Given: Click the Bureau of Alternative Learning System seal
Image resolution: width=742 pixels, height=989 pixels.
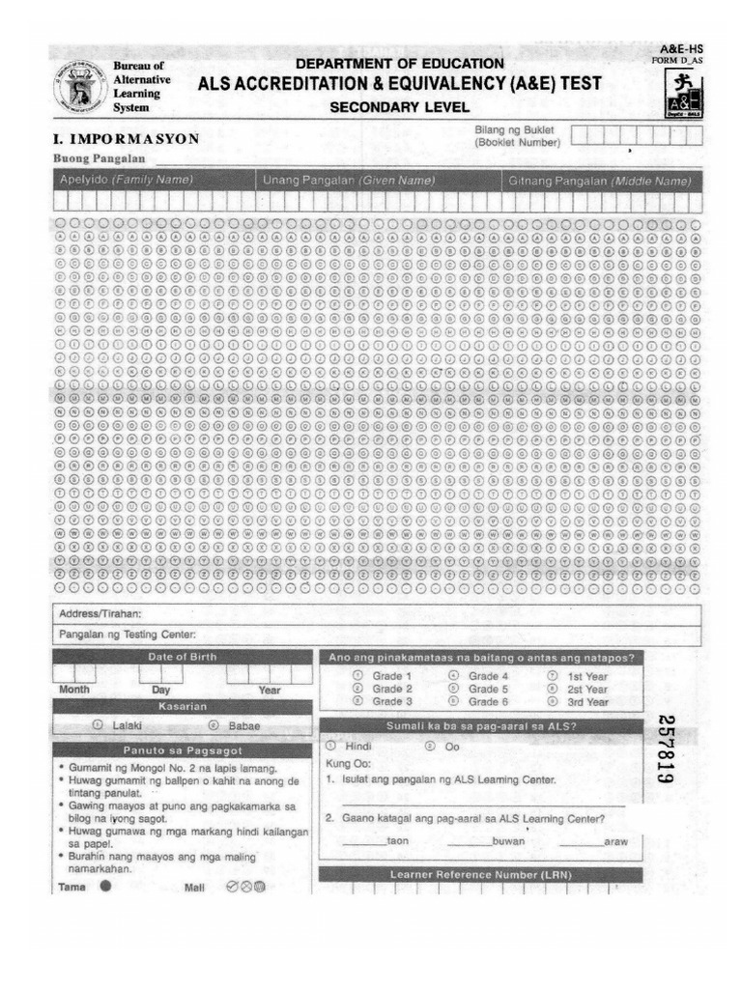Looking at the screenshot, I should [x=80, y=87].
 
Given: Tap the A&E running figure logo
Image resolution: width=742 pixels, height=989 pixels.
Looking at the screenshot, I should [x=684, y=96].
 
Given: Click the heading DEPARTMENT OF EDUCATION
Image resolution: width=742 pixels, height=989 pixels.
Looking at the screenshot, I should [x=399, y=64].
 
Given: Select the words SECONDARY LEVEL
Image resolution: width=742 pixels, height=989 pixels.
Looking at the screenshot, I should [x=399, y=107].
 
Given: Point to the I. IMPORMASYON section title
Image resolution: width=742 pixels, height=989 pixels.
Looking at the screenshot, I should [x=127, y=138].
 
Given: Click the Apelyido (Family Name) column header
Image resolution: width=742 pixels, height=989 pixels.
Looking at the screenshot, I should [x=127, y=181].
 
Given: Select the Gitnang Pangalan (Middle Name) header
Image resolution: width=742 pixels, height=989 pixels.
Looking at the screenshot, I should [x=600, y=181].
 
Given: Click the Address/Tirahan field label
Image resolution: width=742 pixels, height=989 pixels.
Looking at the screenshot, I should [x=100, y=613].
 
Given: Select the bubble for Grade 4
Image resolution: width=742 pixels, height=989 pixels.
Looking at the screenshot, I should [x=454, y=676].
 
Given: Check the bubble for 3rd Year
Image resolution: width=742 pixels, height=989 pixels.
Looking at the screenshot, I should [x=553, y=702].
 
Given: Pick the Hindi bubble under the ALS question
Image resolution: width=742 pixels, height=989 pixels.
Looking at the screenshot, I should [x=330, y=746].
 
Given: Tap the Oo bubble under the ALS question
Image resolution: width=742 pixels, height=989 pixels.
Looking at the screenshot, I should [x=430, y=746].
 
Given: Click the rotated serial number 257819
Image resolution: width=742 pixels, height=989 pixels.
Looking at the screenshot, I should [x=665, y=749].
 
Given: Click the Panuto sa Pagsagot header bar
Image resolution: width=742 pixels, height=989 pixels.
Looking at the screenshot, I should [x=183, y=750].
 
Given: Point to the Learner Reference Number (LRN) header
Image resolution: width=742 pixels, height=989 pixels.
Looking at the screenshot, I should [x=480, y=874].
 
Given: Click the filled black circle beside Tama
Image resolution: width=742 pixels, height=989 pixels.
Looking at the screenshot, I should [x=104, y=885].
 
